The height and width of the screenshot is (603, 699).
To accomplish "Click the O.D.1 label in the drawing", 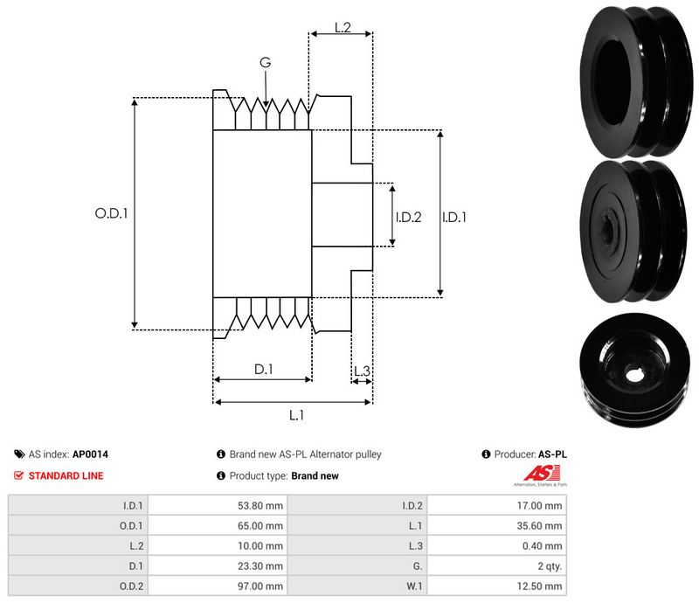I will (111, 212).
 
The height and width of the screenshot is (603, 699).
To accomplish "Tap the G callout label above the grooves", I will (265, 62).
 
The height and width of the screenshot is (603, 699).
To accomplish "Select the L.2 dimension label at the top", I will (342, 28).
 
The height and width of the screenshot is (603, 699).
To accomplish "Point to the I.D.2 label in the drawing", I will (408, 217).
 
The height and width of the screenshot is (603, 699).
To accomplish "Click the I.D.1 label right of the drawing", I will (454, 217).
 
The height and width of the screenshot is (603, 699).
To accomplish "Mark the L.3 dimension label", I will (362, 371).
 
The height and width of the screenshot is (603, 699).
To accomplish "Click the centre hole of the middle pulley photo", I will (609, 231).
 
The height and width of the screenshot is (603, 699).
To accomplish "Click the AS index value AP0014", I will (90, 454).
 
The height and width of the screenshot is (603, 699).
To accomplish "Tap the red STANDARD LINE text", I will (66, 476).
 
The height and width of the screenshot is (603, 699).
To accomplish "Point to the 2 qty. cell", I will (548, 566).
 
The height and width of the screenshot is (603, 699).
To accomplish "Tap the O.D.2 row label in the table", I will (132, 586).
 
